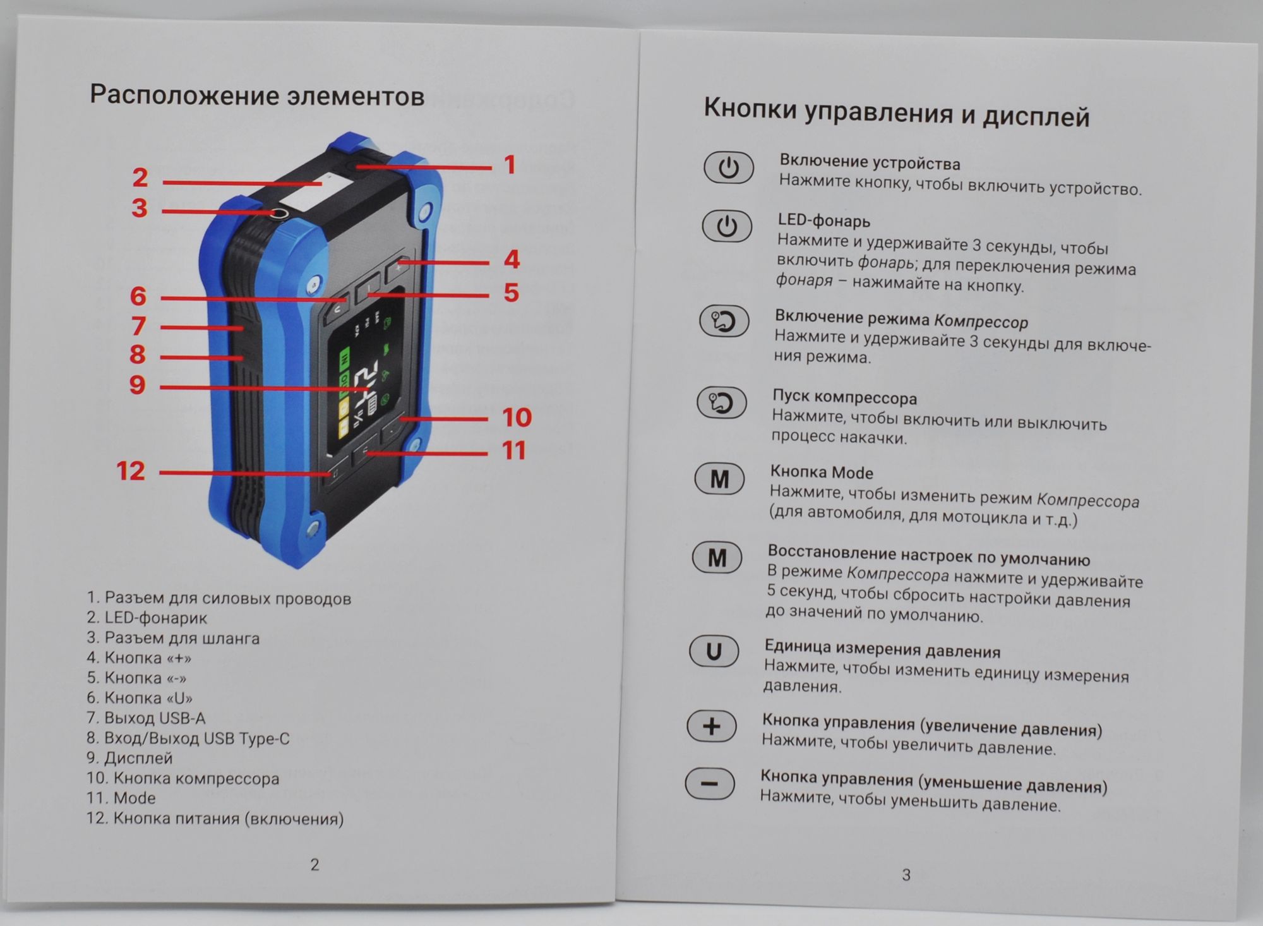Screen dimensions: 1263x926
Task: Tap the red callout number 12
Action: click(131, 471)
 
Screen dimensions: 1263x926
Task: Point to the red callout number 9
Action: click(138, 385)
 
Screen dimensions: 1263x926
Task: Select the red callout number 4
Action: click(512, 260)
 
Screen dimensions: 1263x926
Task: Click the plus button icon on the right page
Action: click(712, 726)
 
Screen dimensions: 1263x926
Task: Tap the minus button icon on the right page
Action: click(710, 784)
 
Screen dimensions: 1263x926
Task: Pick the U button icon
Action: click(714, 651)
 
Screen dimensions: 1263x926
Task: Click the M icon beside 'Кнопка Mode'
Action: click(719, 479)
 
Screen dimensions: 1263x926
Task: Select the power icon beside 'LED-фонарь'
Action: click(727, 226)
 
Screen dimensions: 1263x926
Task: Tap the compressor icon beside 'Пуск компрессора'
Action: click(721, 402)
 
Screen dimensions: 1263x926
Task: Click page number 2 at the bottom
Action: click(314, 865)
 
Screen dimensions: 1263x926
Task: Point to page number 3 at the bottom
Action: click(906, 875)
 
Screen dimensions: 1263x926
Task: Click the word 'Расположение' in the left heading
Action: click(184, 95)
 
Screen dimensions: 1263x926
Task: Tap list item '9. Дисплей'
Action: click(129, 758)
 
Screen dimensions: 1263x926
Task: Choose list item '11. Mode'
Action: click(121, 798)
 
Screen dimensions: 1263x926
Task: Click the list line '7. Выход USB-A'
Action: click(146, 718)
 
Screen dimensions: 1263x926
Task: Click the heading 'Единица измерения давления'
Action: click(882, 649)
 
